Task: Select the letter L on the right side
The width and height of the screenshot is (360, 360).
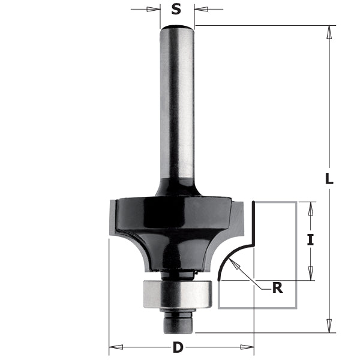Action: (328, 178)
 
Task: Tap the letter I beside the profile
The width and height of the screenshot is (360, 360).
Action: (310, 240)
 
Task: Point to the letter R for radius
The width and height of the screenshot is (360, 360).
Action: (277, 288)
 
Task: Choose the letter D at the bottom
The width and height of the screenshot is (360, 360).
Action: (178, 347)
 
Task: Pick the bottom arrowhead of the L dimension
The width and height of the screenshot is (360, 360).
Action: (328, 326)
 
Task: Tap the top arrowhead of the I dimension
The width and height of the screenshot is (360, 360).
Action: (310, 208)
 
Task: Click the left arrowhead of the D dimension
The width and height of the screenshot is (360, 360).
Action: (114, 347)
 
